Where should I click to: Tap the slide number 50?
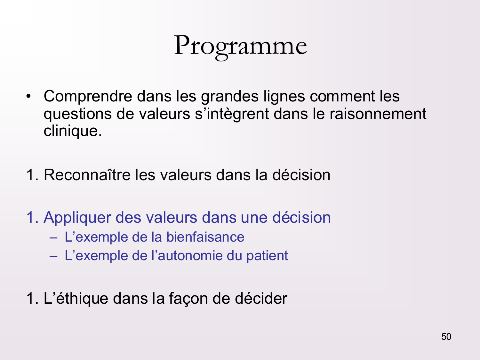pyautogui.click(x=446, y=337)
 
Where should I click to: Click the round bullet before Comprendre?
pyautogui.click(x=29, y=96)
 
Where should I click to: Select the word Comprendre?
pyautogui.click(x=88, y=97)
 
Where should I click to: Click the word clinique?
pyautogui.click(x=72, y=131)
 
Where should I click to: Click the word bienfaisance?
pyautogui.click(x=205, y=237)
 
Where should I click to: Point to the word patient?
pyautogui.click(x=267, y=256)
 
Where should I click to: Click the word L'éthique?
pyautogui.click(x=76, y=299)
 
